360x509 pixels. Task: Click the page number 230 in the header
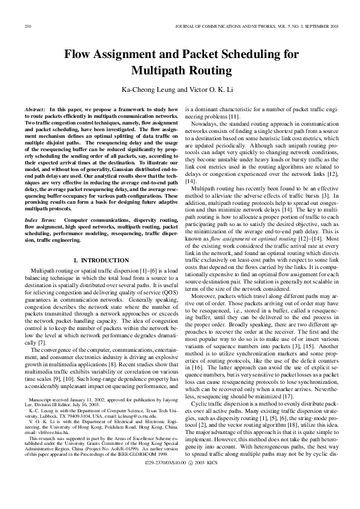pyautogui.click(x=27, y=27)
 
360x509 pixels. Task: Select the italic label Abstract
pyautogui.click(x=34, y=109)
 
